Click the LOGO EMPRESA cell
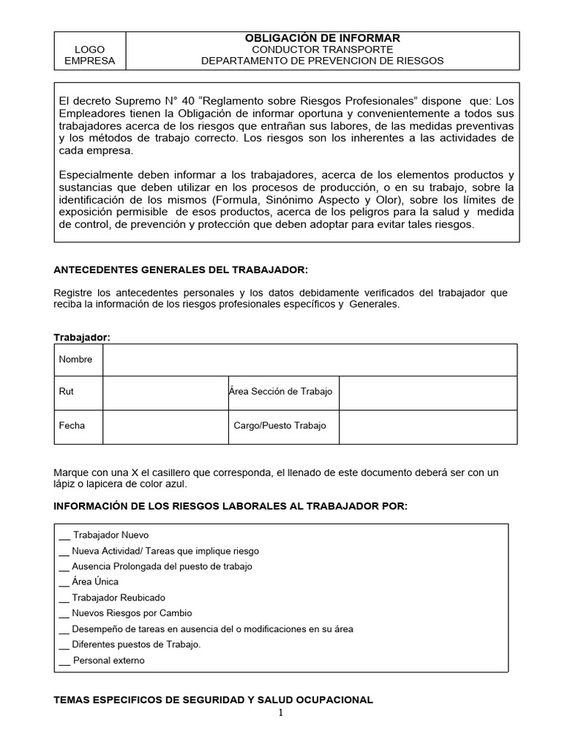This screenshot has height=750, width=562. (x=90, y=55)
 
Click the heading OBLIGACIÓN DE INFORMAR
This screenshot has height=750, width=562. (x=322, y=38)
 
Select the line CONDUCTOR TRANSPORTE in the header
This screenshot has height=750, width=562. (x=322, y=50)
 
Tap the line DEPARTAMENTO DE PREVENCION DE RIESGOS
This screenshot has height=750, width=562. (x=322, y=61)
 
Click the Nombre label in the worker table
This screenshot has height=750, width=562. (x=76, y=360)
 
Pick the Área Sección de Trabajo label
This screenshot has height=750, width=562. (x=280, y=392)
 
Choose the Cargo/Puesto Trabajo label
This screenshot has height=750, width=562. (x=280, y=426)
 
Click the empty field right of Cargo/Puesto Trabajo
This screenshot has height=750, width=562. (x=428, y=426)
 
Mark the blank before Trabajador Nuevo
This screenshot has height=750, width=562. (x=64, y=536)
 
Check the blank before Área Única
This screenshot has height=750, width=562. (x=64, y=583)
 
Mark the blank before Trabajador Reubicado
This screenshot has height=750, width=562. (x=64, y=598)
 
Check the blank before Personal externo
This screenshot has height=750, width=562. (x=64, y=661)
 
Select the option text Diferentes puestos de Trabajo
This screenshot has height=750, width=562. (x=136, y=645)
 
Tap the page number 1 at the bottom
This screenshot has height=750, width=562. (x=280, y=714)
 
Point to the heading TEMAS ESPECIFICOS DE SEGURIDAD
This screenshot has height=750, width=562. (x=214, y=700)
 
